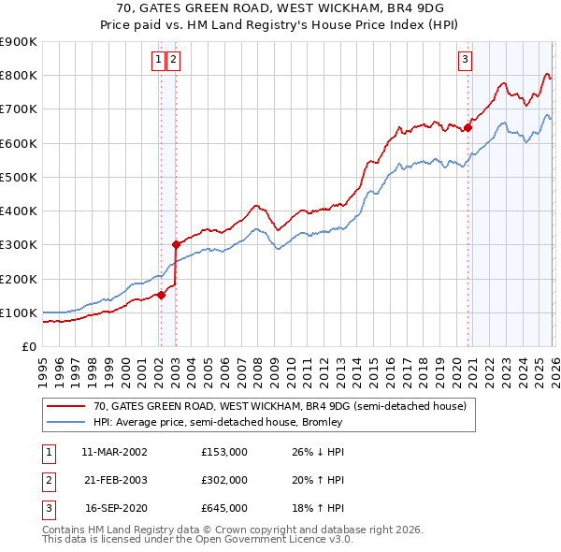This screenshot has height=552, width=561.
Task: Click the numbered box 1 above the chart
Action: (x=159, y=60)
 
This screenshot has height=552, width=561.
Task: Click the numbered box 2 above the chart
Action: (x=175, y=60)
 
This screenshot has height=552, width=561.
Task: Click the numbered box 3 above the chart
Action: (x=465, y=60)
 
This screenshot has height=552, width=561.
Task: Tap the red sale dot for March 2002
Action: (x=161, y=295)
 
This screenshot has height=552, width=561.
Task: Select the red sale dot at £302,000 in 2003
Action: (x=176, y=244)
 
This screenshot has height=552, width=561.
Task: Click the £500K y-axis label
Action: (x=19, y=177)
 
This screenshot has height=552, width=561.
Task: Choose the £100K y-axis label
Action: (x=19, y=312)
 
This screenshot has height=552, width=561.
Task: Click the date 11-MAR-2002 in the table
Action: (x=114, y=451)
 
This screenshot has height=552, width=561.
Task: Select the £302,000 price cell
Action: (x=223, y=480)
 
